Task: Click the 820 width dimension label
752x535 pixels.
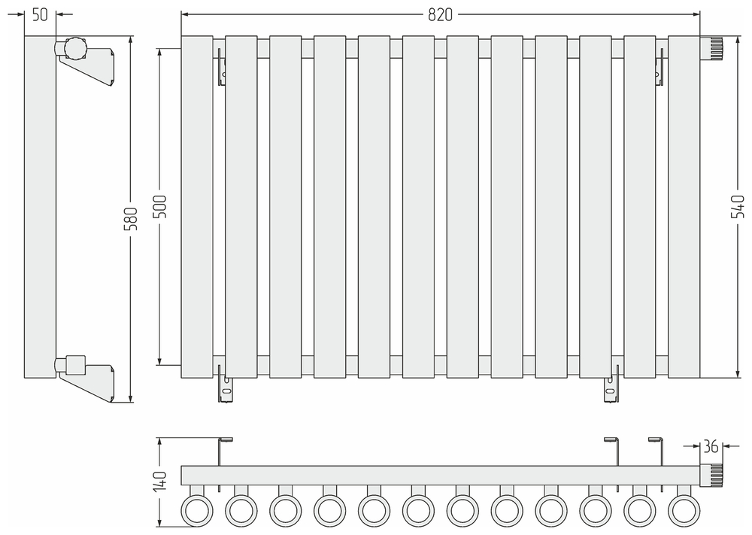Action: pyautogui.click(x=441, y=14)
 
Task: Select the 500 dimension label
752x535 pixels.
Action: pyautogui.click(x=159, y=206)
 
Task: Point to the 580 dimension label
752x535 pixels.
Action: pyautogui.click(x=130, y=218)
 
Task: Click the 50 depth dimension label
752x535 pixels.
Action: pyautogui.click(x=41, y=14)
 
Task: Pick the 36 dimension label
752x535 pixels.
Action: pyautogui.click(x=711, y=446)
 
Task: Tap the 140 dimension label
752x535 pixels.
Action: pyautogui.click(x=159, y=482)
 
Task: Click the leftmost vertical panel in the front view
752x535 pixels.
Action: pyautogui.click(x=197, y=206)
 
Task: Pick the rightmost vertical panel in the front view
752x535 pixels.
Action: pyautogui.click(x=684, y=206)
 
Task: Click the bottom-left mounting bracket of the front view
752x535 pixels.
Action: pyautogui.click(x=226, y=385)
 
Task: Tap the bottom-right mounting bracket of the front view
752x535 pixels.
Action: pyautogui.click(x=610, y=385)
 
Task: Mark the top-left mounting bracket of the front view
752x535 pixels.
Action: pyautogui.click(x=221, y=66)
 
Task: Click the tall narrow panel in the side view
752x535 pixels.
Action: pyautogui.click(x=40, y=206)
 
